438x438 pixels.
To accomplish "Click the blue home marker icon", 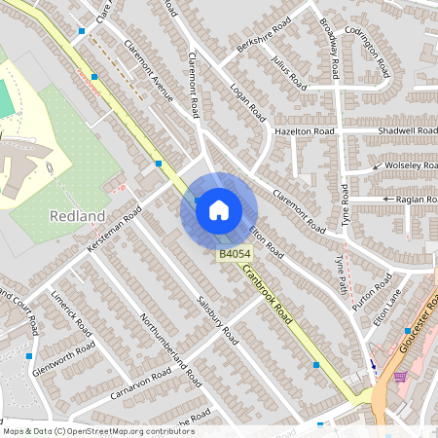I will tap(219, 209).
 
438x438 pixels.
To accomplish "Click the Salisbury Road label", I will tap(217, 320).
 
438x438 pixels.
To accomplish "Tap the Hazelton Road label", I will tap(304, 130).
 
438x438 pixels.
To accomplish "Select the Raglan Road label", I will tap(418, 200).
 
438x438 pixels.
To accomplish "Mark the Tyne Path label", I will tap(341, 270).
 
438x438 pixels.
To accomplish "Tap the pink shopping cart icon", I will tap(399, 376).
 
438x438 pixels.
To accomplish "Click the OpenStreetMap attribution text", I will tap(97, 431).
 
